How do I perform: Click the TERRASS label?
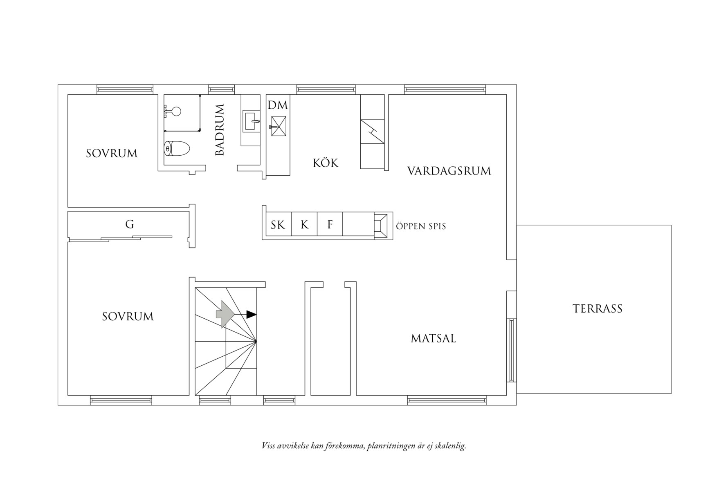(597, 308)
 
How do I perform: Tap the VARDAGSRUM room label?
(449, 171)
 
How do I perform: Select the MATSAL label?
(434, 339)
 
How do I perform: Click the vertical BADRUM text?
(220, 130)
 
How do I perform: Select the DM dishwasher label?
(278, 105)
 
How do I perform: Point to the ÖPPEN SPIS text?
(421, 226)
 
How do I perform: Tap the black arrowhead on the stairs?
(251, 315)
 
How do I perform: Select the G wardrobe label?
(130, 224)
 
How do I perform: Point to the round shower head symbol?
(176, 111)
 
